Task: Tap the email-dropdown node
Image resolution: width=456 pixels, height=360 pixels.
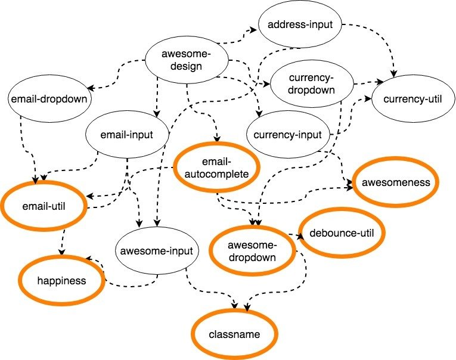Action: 49,99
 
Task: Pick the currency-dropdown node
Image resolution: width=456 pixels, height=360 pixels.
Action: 311,84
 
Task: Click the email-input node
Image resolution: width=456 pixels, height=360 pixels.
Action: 128,135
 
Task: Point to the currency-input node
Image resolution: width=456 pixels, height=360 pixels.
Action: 287,135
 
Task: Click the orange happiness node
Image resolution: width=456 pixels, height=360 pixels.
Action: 61,279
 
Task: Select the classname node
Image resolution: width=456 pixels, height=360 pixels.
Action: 235,334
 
